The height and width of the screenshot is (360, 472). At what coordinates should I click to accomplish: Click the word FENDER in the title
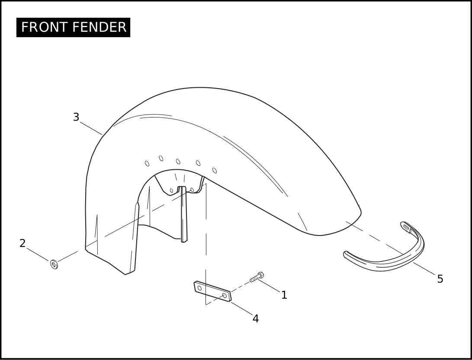100,27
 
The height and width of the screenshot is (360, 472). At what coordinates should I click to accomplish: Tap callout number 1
284,295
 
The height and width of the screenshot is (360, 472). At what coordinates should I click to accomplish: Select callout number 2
22,243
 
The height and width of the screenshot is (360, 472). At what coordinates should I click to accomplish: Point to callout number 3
76,117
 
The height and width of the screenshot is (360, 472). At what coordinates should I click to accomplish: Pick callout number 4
256,319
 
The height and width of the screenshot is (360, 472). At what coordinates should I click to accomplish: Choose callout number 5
440,279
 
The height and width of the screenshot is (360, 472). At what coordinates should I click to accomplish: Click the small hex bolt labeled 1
257,277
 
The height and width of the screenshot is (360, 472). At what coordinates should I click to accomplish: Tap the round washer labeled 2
54,264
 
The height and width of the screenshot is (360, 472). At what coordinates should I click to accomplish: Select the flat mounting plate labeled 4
212,291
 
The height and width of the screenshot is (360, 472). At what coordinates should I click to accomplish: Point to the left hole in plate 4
199,288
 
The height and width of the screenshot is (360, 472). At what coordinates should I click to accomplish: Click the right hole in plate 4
225,295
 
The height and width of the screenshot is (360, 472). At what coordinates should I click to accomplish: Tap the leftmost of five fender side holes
147,163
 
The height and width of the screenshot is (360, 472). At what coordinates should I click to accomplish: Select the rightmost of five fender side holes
214,171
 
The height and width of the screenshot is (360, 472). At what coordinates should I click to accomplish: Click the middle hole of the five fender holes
178,162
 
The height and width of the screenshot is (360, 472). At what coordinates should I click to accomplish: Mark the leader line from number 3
91,128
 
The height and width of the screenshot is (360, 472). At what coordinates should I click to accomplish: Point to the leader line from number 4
242,309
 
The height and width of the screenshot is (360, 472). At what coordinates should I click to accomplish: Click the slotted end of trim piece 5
406,228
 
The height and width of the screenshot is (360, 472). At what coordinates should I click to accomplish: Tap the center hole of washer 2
54,264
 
